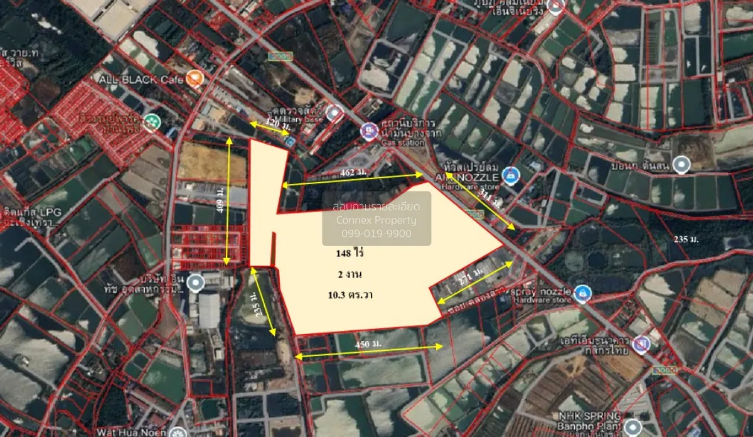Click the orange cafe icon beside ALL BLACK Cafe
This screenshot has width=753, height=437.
pos(195,78)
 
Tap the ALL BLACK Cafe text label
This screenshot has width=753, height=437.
pos(141,79)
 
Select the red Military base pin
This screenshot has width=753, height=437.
pos(334,112)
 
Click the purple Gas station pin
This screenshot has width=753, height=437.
pos(368,131)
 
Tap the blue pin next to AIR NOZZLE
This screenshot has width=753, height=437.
pos(511,175)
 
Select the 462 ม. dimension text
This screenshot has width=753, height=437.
pos(352,171)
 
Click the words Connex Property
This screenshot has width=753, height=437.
pos(376,220)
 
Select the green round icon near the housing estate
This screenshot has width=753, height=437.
pos(151,121)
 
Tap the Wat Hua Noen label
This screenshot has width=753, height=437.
pos(144,433)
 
